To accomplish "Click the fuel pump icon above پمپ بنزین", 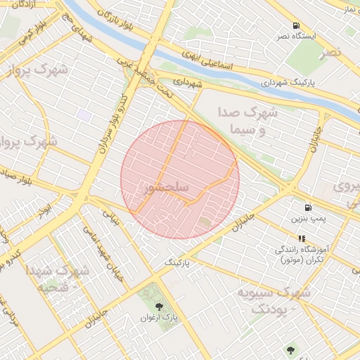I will click(x=308, y=207).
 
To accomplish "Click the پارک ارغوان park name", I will click(x=161, y=319).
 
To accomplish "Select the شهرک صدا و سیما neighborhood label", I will click(x=252, y=121).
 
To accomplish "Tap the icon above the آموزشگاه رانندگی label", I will click(x=302, y=238).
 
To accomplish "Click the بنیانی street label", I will click(x=113, y=217).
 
